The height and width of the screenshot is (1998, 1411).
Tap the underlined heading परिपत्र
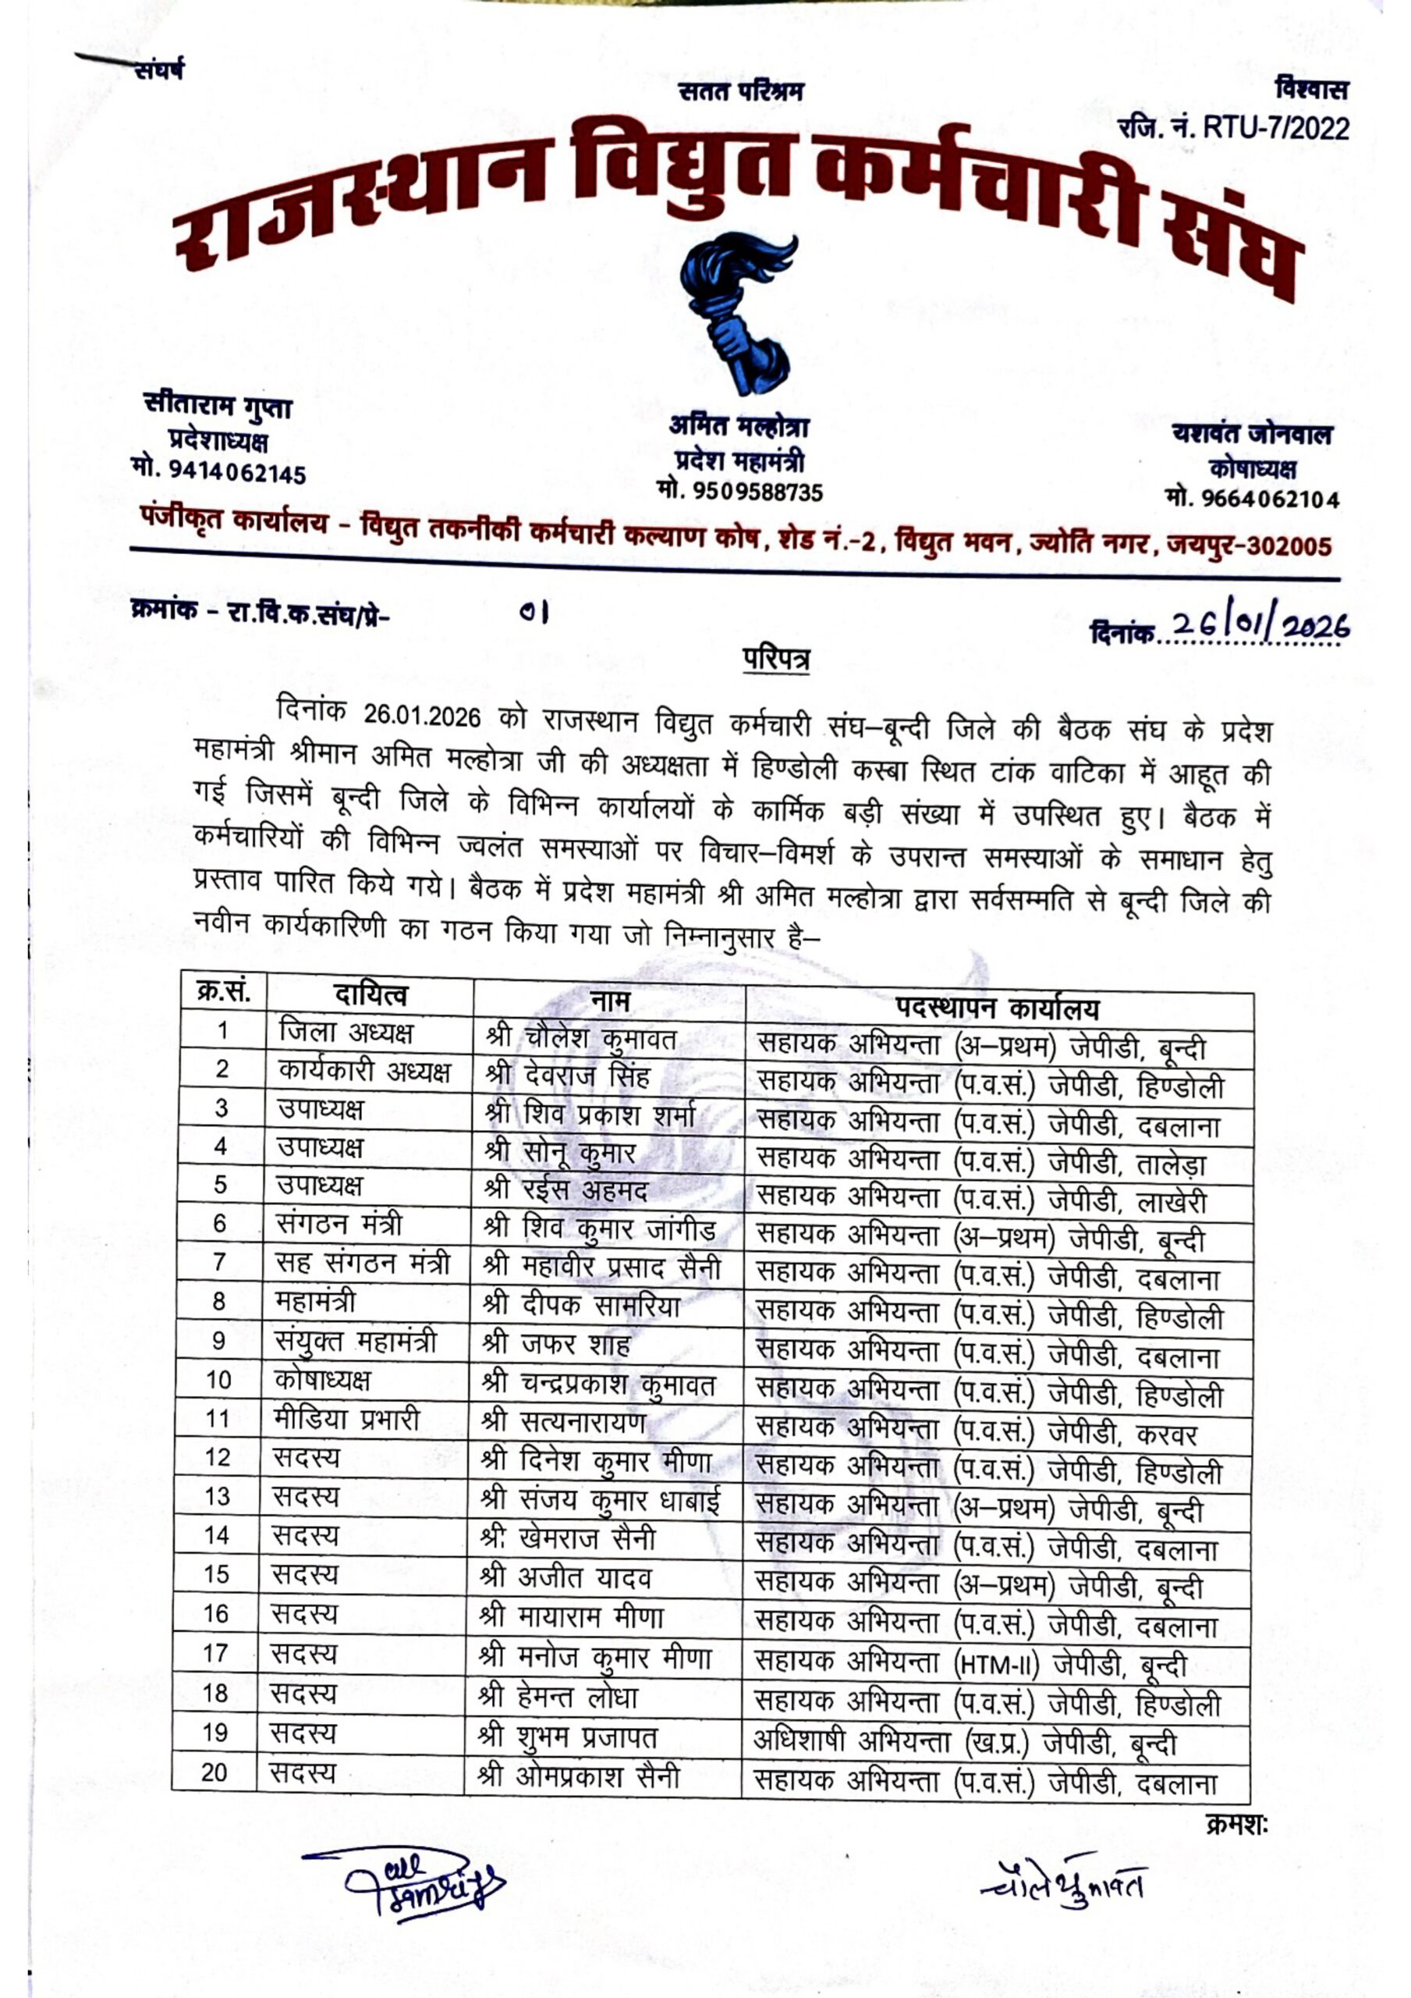point(776,659)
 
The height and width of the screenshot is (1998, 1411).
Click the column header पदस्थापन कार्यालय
point(998,1008)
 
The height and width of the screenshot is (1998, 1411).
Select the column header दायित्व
point(370,994)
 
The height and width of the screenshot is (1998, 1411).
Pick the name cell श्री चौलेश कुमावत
point(581,1037)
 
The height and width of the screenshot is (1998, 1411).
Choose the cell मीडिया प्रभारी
point(346,1420)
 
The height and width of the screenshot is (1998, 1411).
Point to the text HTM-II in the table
point(995,1664)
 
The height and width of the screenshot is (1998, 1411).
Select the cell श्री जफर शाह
point(556,1345)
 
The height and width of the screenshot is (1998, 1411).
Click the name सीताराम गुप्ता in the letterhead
point(218,407)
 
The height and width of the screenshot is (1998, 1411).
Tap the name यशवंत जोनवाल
point(1252,434)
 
